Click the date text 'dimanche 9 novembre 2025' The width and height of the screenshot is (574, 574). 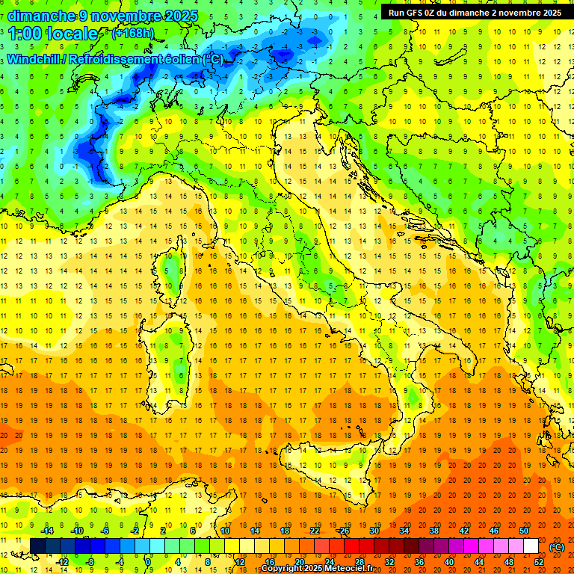[x=102, y=16]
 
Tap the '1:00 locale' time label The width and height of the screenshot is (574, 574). [x=53, y=34]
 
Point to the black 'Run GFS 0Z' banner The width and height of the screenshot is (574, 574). [x=475, y=13]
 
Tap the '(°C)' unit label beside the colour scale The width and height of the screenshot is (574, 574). [x=557, y=546]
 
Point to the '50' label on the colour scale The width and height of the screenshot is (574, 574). [x=524, y=531]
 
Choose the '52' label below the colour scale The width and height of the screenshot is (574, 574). [x=539, y=562]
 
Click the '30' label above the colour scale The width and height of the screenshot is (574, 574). [x=374, y=531]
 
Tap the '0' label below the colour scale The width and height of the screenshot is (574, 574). [x=149, y=562]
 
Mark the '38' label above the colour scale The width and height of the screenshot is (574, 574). [x=434, y=531]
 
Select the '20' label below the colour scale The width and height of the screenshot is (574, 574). [x=299, y=562]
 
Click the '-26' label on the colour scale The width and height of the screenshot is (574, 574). [x=344, y=531]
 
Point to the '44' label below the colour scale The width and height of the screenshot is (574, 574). [x=479, y=562]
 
